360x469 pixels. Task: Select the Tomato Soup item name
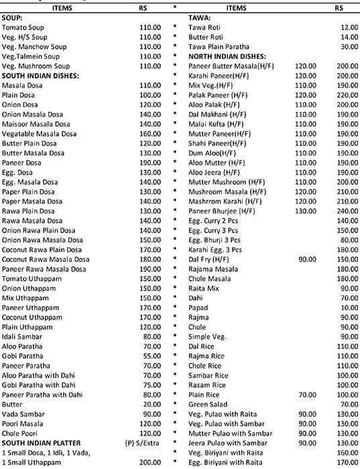(24, 27)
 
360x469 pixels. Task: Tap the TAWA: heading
(199, 17)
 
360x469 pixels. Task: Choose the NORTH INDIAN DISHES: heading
(227, 56)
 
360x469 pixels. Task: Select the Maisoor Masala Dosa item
(37, 124)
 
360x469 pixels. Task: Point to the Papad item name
(198, 308)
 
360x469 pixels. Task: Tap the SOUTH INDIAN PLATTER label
(41, 443)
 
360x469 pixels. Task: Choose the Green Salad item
(208, 404)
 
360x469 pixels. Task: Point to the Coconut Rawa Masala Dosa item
(45, 259)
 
